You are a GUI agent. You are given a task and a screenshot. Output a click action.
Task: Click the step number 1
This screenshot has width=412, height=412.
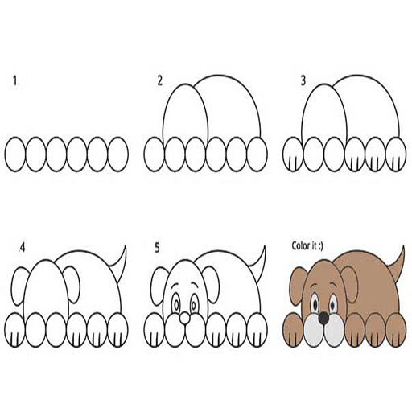(15, 81)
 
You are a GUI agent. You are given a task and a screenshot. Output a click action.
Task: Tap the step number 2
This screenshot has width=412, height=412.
(159, 80)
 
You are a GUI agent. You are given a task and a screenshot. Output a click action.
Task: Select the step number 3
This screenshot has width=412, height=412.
(303, 80)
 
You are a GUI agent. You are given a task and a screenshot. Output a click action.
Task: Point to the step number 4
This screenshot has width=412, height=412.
(23, 248)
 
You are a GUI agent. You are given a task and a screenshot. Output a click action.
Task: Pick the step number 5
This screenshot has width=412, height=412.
(157, 248)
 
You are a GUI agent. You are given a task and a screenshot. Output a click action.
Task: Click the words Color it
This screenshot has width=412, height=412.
(304, 245)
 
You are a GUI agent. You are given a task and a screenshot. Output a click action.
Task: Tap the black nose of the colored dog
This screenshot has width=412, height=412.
(323, 318)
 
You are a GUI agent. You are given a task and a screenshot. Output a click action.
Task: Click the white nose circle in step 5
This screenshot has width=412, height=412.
(184, 318)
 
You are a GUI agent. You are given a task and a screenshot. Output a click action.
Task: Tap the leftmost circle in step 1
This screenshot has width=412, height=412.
(15, 154)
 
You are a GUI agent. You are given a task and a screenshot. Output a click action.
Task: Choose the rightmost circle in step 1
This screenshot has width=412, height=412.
(118, 154)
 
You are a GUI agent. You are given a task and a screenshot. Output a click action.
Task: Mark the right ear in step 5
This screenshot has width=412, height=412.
(212, 284)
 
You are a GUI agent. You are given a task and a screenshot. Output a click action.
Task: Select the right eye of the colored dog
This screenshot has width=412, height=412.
(333, 304)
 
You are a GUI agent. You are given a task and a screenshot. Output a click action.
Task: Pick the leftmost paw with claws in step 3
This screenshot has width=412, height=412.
(293, 154)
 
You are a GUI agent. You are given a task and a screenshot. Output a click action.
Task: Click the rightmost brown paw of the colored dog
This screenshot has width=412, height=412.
(396, 330)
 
